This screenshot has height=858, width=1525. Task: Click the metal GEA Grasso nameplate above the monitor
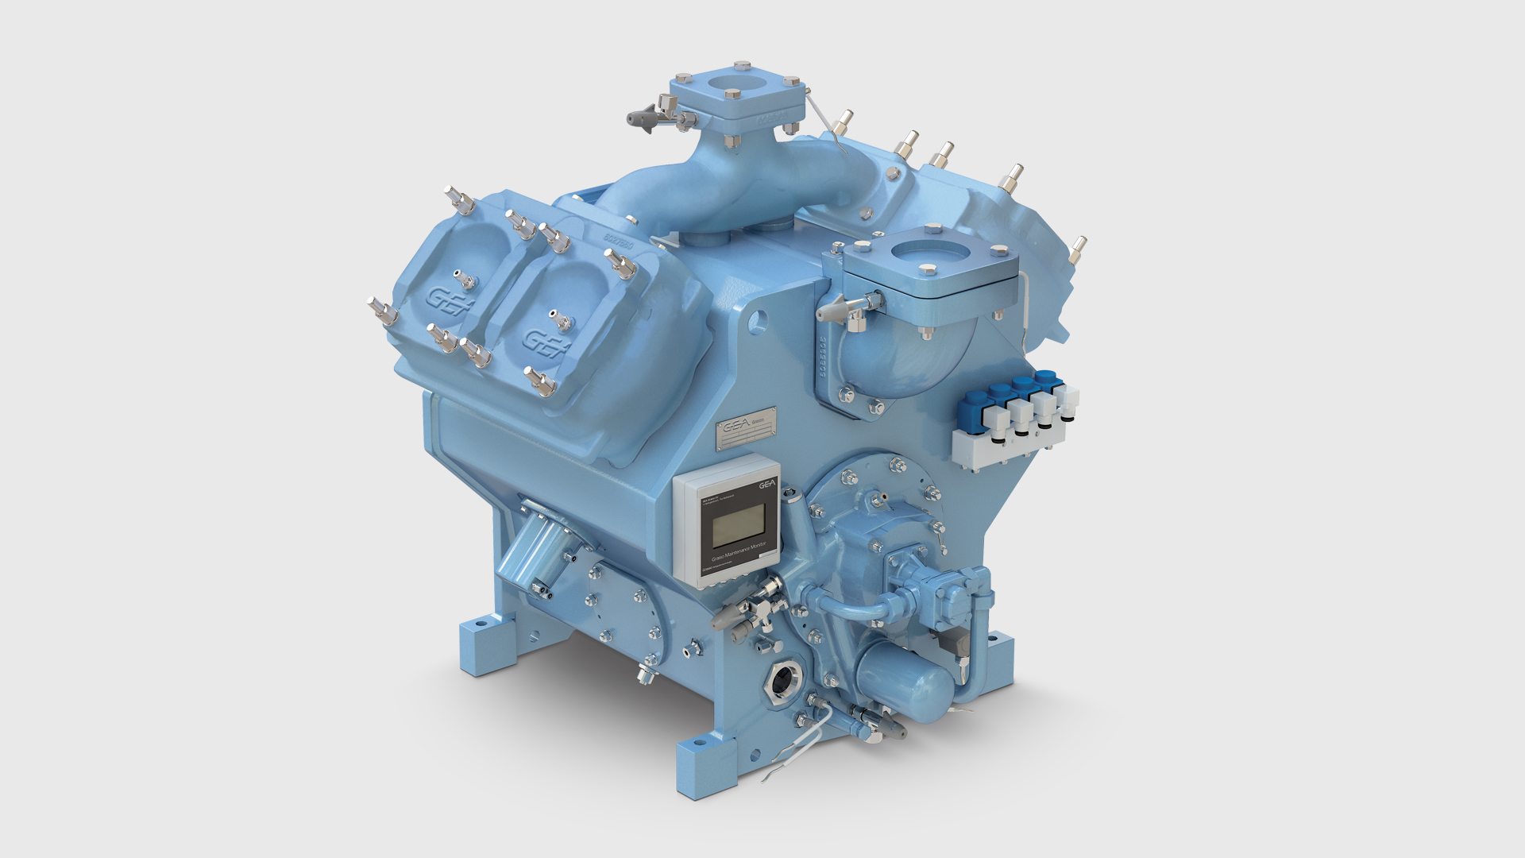(x=746, y=430)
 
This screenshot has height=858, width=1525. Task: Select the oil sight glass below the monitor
(x=783, y=679)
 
